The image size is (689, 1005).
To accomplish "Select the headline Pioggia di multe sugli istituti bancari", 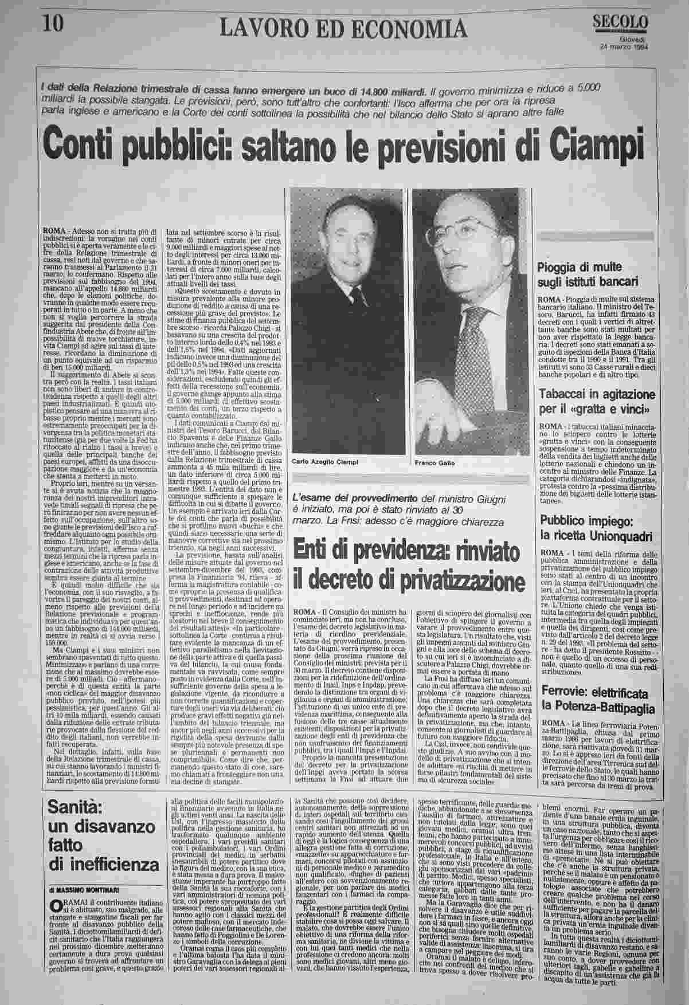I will (x=587, y=274).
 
